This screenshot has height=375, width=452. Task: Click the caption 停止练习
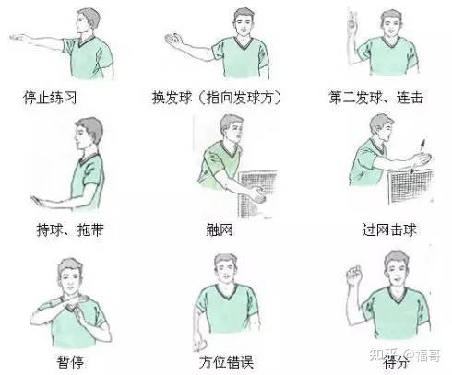[x=50, y=98]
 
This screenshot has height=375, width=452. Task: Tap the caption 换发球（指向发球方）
[x=217, y=98]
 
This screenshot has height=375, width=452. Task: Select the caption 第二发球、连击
[x=375, y=98]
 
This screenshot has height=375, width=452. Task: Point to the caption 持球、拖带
[x=70, y=229]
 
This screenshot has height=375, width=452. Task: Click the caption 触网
[x=220, y=229]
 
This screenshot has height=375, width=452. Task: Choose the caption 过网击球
[x=389, y=229]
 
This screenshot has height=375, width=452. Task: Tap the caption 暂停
[x=70, y=361]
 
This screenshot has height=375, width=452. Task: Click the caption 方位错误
[x=226, y=362]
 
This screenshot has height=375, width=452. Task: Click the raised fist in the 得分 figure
[x=354, y=274]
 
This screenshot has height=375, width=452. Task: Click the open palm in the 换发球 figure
[x=173, y=40]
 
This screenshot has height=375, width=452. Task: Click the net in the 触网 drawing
[x=256, y=193]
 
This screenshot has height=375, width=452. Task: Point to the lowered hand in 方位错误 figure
[x=200, y=345]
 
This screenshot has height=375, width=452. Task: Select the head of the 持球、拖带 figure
[x=89, y=133]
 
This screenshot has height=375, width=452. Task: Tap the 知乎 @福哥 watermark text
[x=405, y=356]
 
